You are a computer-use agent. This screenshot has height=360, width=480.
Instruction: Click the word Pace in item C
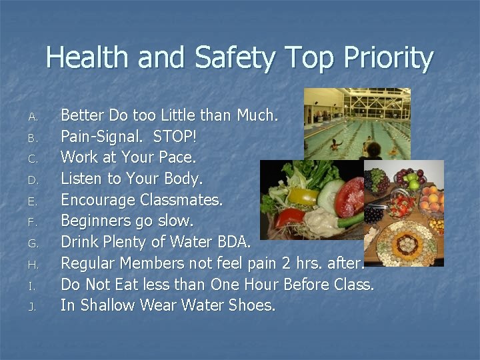176,158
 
